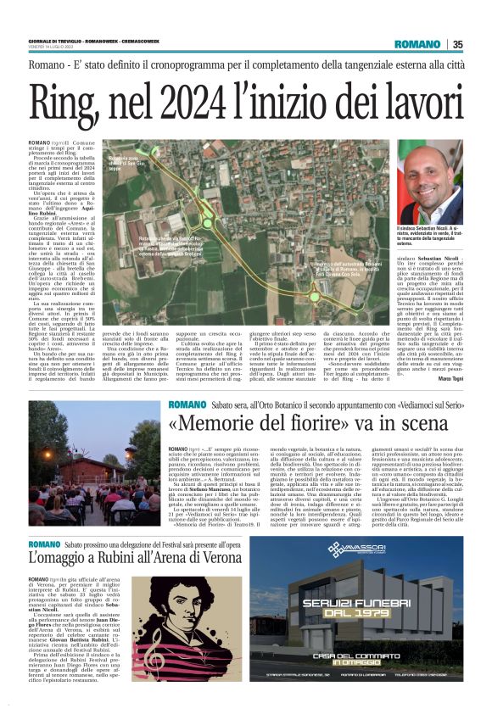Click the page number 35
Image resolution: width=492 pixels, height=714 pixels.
(457, 45)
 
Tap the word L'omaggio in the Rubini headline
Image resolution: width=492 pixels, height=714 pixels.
(60, 559)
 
